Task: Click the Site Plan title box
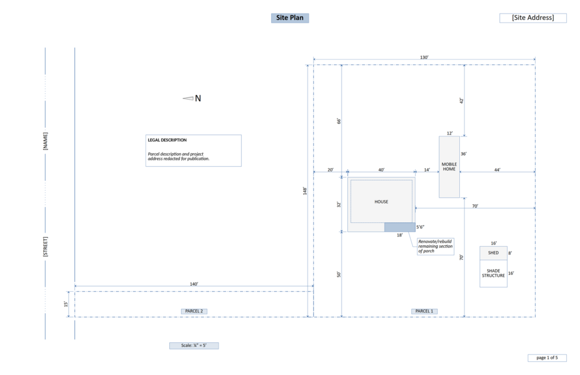pyautogui.click(x=290, y=18)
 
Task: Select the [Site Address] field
pyautogui.click(x=533, y=18)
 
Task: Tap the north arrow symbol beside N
pyautogui.click(x=188, y=98)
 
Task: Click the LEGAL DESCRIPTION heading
pyautogui.click(x=167, y=140)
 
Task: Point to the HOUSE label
pyautogui.click(x=381, y=202)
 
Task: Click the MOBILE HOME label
pyautogui.click(x=449, y=167)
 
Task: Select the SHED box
pyautogui.click(x=493, y=253)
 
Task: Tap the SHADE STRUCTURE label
pyautogui.click(x=493, y=273)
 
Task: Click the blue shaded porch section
pyautogui.click(x=400, y=227)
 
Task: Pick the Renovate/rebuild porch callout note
pyautogui.click(x=436, y=246)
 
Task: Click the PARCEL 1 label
pyautogui.click(x=424, y=311)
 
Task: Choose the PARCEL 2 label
pyautogui.click(x=194, y=311)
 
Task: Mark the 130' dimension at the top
pyautogui.click(x=424, y=57)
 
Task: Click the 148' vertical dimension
pyautogui.click(x=305, y=191)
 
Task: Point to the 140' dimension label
pyautogui.click(x=194, y=284)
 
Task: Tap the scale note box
pyautogui.click(x=194, y=346)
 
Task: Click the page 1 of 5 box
pyautogui.click(x=547, y=357)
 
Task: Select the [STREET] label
pyautogui.click(x=45, y=247)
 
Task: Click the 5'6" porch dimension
pyautogui.click(x=420, y=227)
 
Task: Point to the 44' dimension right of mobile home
pyautogui.click(x=497, y=170)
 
